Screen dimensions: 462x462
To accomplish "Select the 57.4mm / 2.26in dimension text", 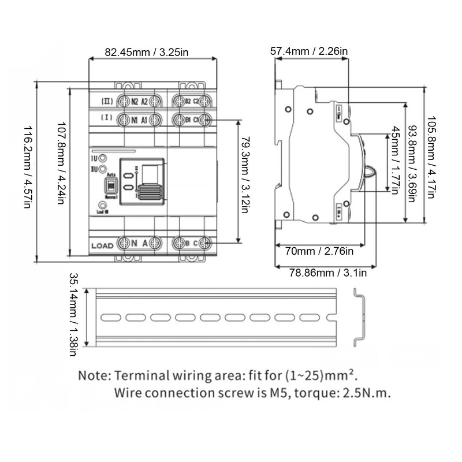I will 309,51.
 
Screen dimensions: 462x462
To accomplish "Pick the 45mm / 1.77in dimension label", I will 394,159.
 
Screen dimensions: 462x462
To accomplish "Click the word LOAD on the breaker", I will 102,245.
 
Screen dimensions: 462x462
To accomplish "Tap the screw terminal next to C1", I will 203,120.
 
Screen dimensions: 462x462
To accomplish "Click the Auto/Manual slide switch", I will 109,186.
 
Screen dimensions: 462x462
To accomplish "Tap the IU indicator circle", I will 102,158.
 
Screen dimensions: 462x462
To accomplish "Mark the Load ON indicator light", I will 102,205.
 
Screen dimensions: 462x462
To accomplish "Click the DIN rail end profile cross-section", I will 360,317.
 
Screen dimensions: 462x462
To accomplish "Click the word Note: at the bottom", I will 95,375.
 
